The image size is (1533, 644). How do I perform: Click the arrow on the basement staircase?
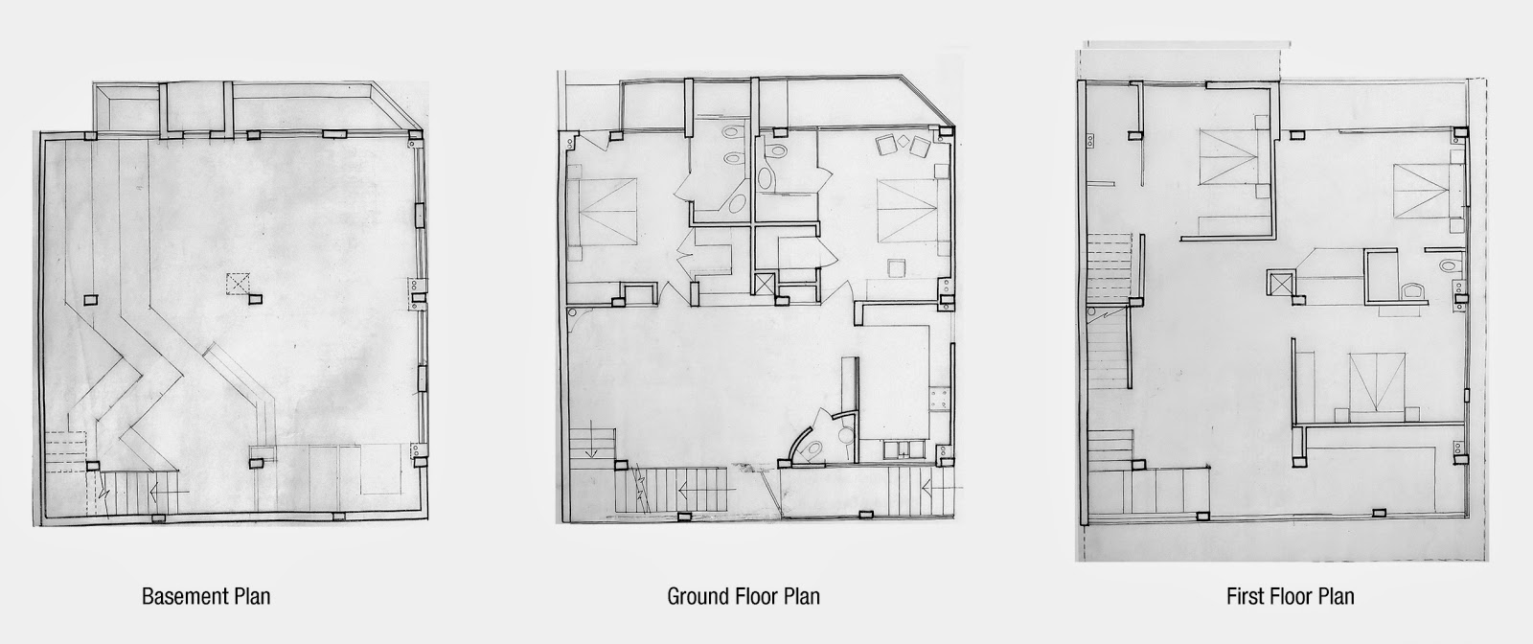(x=168, y=491)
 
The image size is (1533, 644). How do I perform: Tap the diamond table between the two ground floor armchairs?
(x=902, y=142)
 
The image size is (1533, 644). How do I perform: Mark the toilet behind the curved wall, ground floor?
(x=813, y=449)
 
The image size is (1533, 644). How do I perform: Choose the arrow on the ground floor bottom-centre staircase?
(x=697, y=489)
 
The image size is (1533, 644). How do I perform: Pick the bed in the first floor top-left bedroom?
(x=1229, y=157)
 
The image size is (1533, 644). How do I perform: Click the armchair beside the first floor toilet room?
(x=1412, y=293)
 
